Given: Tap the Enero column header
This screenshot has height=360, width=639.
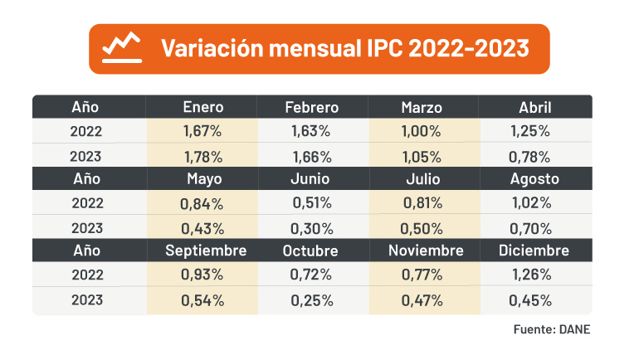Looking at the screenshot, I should [x=202, y=107].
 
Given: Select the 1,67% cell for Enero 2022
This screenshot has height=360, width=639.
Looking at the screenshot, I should [x=202, y=131].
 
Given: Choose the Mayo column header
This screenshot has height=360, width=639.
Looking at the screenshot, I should [x=202, y=178].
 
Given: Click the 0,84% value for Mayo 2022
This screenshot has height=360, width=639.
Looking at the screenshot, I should [x=202, y=203].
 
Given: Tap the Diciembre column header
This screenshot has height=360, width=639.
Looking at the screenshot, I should [x=534, y=251].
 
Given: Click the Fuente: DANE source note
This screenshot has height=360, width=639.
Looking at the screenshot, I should [x=551, y=330].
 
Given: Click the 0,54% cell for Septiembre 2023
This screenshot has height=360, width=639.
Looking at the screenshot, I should [x=202, y=299].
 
